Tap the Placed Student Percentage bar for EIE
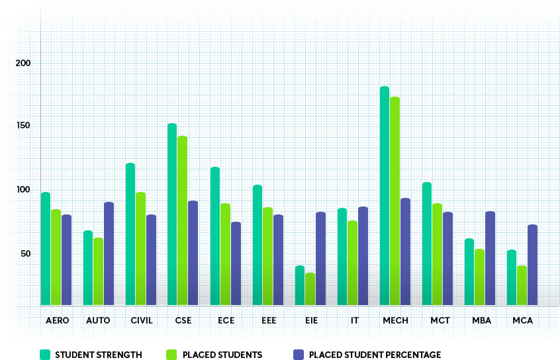tap(321, 259)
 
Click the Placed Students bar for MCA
tap(522, 285)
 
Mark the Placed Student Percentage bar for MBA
tap(490, 258)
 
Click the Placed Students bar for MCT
tap(438, 254)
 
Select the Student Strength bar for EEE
tap(257, 245)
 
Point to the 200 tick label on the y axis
tap(24, 63)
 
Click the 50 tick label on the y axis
tap(26, 253)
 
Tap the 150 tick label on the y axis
tap(24, 126)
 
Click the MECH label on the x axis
tap(396, 321)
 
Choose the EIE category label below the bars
tap(310, 321)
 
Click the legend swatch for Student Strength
tap(45, 355)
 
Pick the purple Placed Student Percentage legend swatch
tap(298, 355)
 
